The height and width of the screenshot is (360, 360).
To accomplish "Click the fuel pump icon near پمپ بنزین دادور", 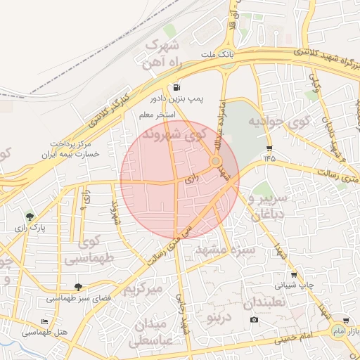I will [x=174, y=89].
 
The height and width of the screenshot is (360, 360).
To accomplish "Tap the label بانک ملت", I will [x=217, y=54].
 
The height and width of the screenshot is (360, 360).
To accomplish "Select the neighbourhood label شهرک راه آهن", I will [x=162, y=54].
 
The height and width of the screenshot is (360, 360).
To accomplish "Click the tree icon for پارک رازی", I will [x=30, y=217].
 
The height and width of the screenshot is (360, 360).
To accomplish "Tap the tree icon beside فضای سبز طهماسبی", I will [x=78, y=287].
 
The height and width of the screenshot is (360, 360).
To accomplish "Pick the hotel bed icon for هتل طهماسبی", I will [x=45, y=321].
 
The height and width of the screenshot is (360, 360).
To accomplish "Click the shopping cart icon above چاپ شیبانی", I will [x=293, y=275].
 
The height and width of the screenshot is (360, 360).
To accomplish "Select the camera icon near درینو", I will [x=254, y=320].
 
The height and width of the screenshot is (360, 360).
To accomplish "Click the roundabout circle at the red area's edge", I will [x=215, y=162].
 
